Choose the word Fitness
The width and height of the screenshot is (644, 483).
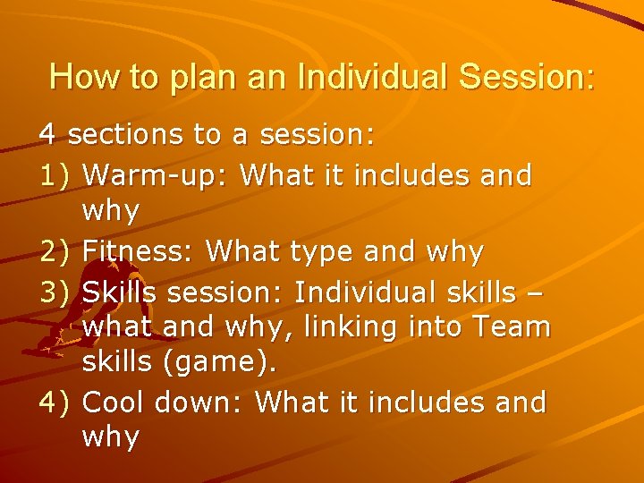click(137, 251)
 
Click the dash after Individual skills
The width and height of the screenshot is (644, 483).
click(535, 292)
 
